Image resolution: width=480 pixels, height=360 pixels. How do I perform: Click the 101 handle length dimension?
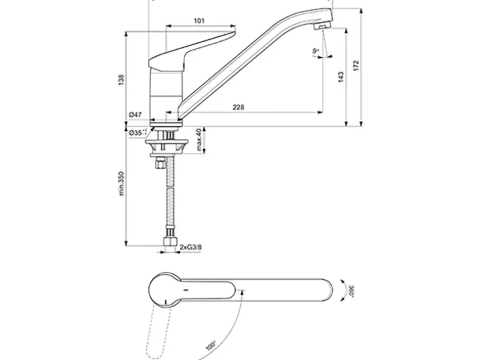click(199, 21)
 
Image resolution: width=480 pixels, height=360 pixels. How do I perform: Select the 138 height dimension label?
click(121, 79)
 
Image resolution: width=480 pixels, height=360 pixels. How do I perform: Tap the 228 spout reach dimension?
click(238, 107)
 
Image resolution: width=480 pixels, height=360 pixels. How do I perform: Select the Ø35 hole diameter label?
click(137, 132)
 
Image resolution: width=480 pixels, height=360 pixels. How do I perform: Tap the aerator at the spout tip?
click(320, 27)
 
